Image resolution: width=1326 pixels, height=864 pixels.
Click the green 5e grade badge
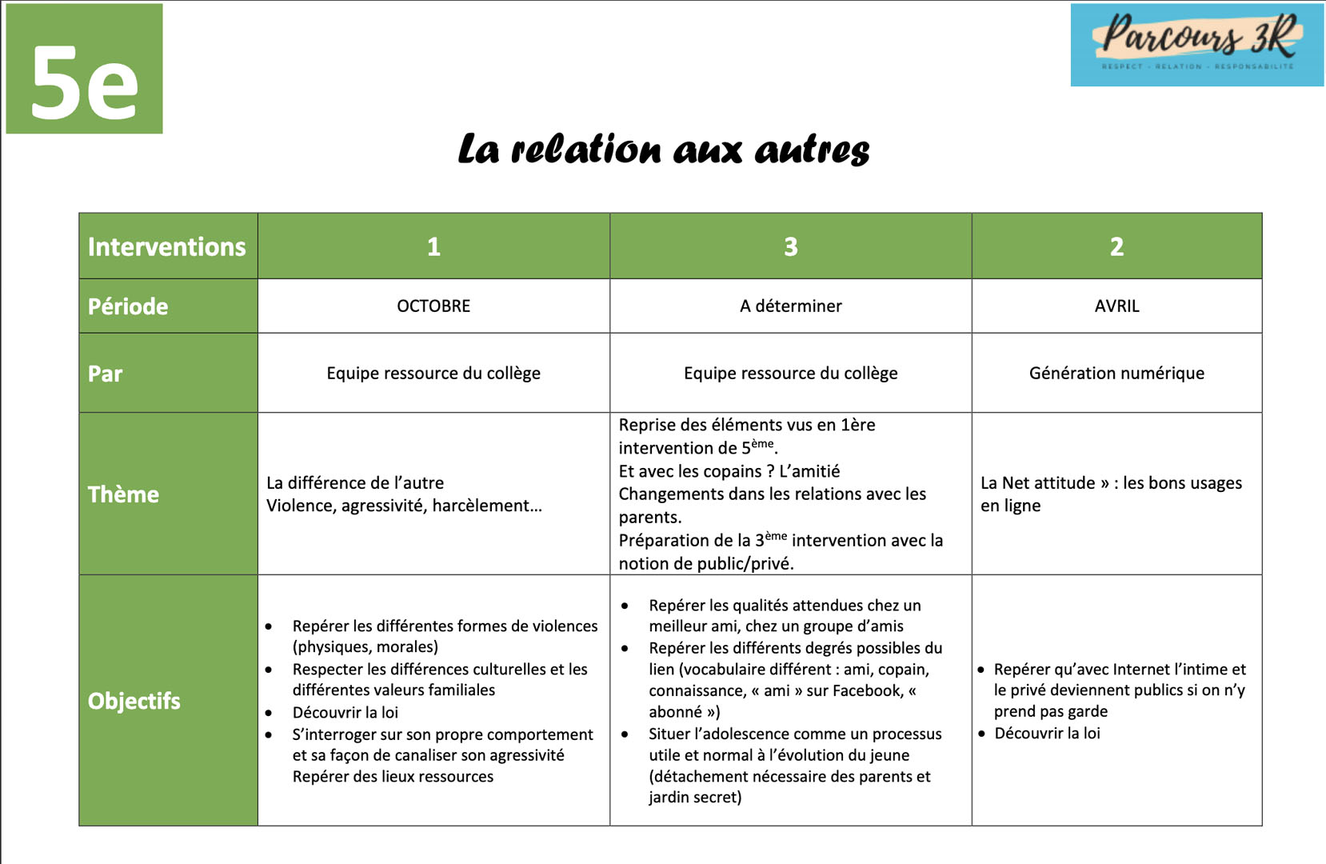point(84,69)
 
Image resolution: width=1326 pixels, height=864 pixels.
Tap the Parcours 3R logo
point(1196,45)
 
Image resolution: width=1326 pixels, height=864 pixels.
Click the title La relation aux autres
point(663,149)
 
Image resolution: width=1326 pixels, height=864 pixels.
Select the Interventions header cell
point(167,246)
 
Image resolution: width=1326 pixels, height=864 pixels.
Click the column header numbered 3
point(790,246)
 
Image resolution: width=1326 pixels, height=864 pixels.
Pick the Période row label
point(128,306)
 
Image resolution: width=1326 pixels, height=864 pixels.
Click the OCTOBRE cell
point(433,306)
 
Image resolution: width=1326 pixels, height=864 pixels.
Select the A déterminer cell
point(790,306)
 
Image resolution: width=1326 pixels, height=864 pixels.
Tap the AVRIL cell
point(1116,306)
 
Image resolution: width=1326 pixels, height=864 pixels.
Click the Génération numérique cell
point(1116,373)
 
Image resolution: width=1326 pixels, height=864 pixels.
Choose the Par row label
point(106,374)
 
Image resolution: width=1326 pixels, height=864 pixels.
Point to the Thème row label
point(124,494)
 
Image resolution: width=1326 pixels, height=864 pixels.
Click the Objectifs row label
point(134,701)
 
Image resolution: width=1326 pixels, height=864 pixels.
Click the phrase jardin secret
point(694,797)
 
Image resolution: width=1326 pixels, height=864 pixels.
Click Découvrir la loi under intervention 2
point(1047,733)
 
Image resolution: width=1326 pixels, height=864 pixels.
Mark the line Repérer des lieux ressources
point(393,776)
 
